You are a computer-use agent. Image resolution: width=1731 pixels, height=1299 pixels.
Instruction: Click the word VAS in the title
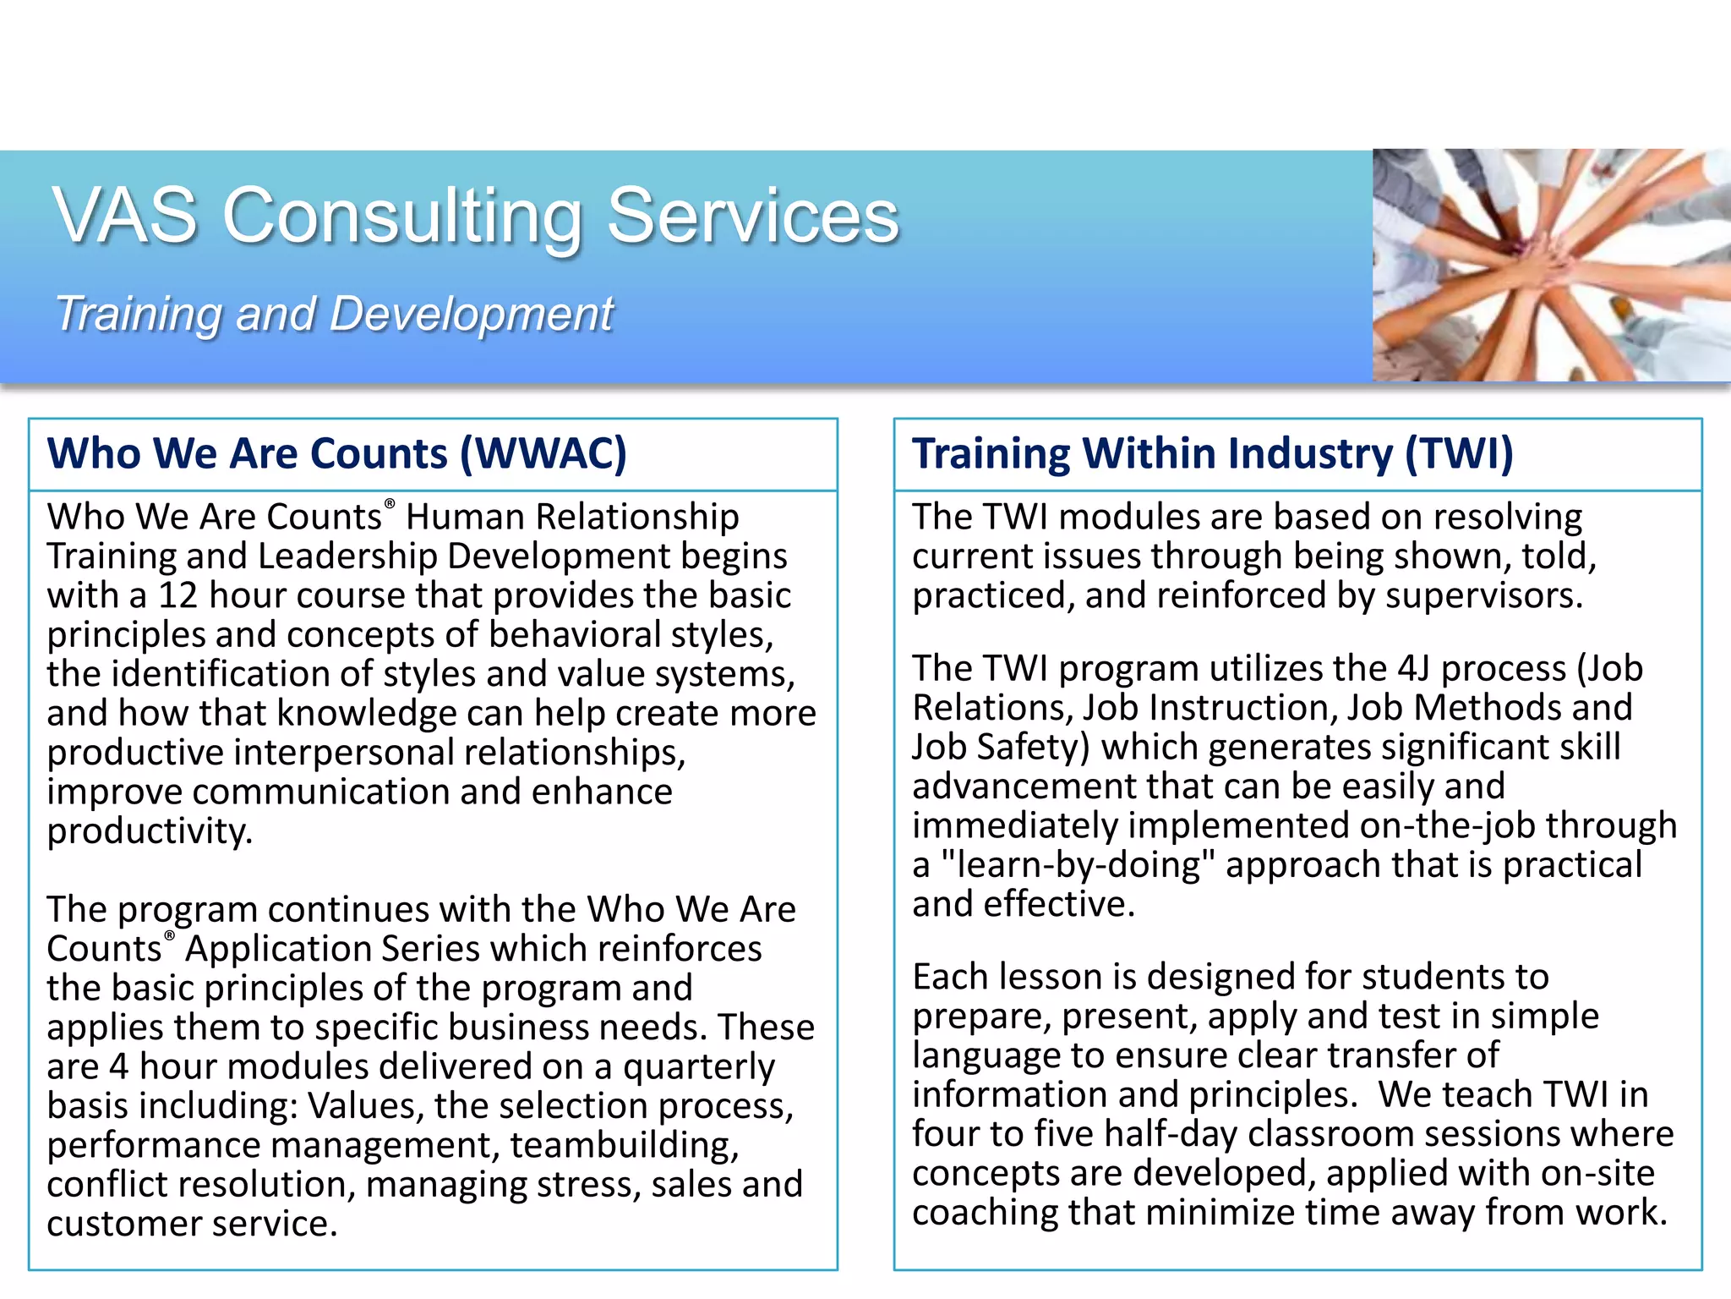125,216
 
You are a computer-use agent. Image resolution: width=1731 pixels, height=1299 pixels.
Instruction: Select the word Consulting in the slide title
401,218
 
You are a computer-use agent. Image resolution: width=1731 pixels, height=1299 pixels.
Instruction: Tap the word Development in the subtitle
471,315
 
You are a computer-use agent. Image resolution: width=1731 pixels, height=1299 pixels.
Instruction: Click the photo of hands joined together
1551,265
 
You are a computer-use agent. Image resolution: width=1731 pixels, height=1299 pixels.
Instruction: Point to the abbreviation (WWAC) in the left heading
543,453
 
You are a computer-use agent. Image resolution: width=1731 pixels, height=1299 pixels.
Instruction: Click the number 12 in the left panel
177,595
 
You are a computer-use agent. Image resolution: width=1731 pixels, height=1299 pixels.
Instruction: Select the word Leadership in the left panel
347,556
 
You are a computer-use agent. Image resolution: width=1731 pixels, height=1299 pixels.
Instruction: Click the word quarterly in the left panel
698,1067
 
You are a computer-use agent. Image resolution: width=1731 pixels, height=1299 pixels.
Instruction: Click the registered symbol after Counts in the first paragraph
390,505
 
